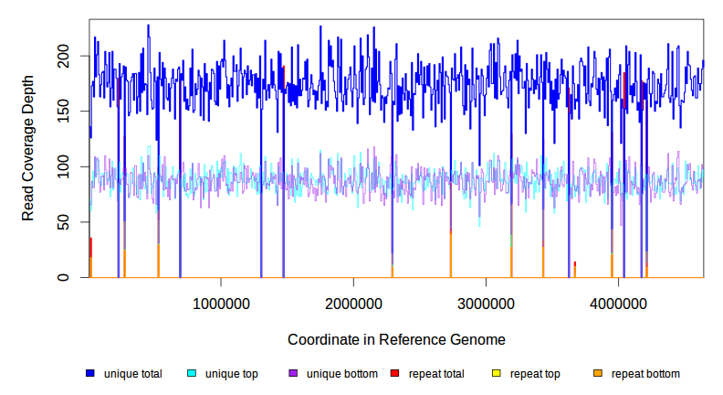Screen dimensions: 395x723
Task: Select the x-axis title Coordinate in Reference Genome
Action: click(396, 339)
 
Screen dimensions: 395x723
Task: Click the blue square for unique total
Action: click(90, 374)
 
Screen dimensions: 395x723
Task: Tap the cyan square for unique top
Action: click(192, 374)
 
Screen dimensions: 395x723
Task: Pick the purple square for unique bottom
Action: click(293, 374)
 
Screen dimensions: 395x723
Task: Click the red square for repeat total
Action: click(394, 374)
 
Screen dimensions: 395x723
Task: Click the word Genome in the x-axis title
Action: click(478, 339)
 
